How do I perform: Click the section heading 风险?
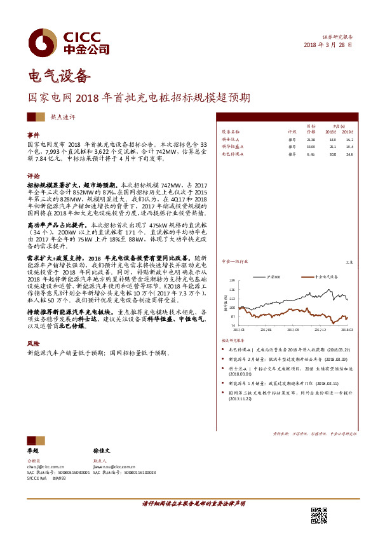pyautogui.click(x=33, y=342)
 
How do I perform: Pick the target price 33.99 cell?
pyautogui.click(x=311, y=146)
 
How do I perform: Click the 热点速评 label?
pyautogui.click(x=63, y=117)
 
